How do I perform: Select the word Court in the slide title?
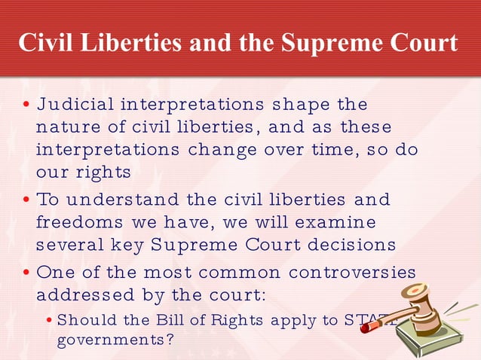[423, 43]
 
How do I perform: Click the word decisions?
[352, 246]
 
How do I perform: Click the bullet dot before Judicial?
[26, 104]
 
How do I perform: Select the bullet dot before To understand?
[26, 200]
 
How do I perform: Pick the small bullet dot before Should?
[49, 320]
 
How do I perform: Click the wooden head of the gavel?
[423, 297]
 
